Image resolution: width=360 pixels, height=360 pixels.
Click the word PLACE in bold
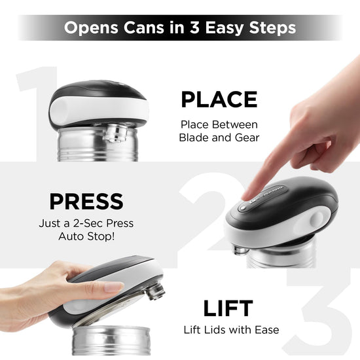[x=219, y=99]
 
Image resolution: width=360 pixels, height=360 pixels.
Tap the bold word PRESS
[x=86, y=202]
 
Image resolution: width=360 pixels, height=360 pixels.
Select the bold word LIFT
[x=228, y=308]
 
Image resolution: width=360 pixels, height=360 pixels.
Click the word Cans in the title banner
[x=144, y=27]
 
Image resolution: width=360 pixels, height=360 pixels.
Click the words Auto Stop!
[x=86, y=236]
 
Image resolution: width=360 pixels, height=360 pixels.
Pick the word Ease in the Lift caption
[x=267, y=330]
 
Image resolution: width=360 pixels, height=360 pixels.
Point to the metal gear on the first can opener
[x=115, y=132]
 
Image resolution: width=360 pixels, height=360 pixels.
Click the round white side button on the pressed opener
[x=317, y=219]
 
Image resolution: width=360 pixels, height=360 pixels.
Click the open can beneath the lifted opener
[x=111, y=340]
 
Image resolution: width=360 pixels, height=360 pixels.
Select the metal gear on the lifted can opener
[x=156, y=291]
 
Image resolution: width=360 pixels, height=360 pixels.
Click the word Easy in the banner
[x=224, y=28]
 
